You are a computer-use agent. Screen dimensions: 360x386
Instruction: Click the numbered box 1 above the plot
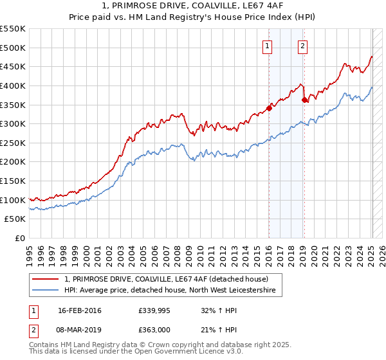pos(267,45)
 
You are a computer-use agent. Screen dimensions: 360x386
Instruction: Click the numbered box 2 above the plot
pos(302,45)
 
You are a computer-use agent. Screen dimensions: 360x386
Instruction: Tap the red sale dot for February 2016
pos(269,108)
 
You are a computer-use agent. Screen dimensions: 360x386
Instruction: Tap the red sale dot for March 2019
pos(304,99)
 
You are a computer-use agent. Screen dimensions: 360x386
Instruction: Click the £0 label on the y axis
pos(20,238)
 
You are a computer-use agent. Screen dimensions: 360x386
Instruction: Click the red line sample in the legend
pos(46,279)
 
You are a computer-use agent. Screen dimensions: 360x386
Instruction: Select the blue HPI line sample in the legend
pos(46,291)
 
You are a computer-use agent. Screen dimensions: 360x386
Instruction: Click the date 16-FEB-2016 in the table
pos(80,310)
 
